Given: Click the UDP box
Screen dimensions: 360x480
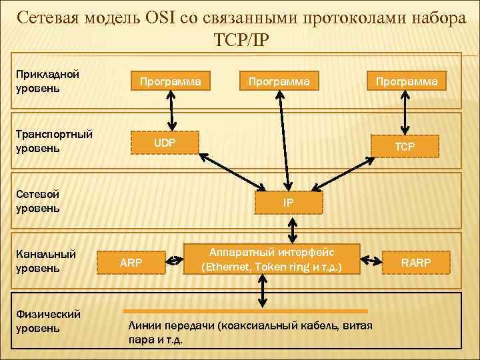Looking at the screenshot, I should point(165,143).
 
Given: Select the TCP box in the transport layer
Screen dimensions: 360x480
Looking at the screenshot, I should point(405,146).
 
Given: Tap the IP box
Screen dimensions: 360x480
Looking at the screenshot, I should point(287,202).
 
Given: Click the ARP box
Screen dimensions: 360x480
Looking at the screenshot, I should point(131,262).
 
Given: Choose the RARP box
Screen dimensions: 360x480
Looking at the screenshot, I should point(415,262).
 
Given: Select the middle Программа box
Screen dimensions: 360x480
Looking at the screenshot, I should point(279,81).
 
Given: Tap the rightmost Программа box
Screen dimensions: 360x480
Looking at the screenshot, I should point(406,81).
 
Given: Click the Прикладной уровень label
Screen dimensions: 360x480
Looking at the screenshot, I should point(47,81).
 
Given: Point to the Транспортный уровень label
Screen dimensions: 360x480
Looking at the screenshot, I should point(53,141).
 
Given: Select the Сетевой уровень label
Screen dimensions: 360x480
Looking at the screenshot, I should point(38,201).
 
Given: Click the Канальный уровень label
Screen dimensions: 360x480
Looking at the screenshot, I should point(46,261).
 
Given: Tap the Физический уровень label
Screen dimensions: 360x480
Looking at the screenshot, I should point(48,321).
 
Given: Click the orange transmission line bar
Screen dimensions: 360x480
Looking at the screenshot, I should point(247,311).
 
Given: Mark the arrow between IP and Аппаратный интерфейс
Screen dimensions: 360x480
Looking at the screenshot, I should point(292,228).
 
